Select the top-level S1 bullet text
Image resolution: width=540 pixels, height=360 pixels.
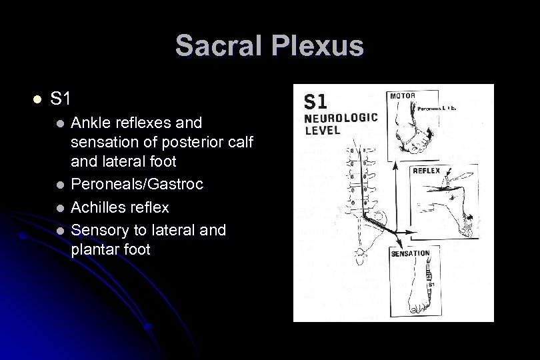click(x=61, y=99)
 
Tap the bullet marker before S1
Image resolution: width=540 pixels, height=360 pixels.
click(x=37, y=100)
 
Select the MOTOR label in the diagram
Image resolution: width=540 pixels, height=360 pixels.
click(x=402, y=95)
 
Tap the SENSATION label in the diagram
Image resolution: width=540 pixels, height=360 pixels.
click(x=411, y=254)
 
